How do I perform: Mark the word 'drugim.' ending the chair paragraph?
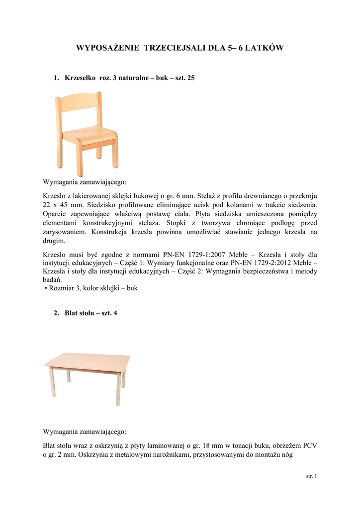(x=54, y=241)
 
